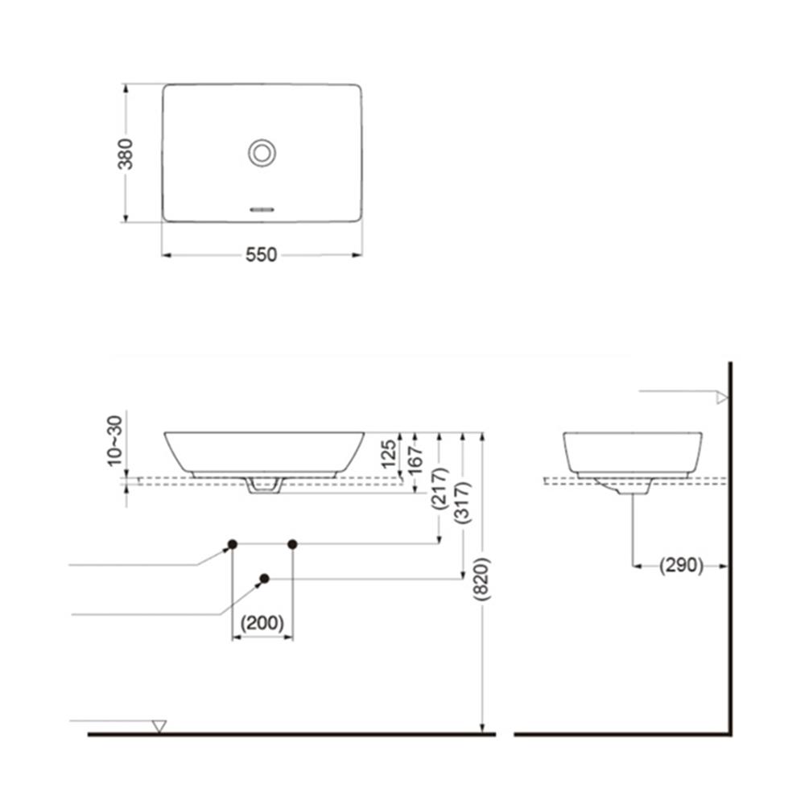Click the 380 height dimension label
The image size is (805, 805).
pyautogui.click(x=126, y=153)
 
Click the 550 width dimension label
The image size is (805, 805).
pyautogui.click(x=261, y=255)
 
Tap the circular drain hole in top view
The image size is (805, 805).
pyautogui.click(x=262, y=152)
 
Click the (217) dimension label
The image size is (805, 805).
pyautogui.click(x=439, y=487)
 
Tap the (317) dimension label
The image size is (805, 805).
pyautogui.click(x=463, y=503)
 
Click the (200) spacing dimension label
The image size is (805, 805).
pyautogui.click(x=262, y=623)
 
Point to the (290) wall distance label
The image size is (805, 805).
pyautogui.click(x=681, y=565)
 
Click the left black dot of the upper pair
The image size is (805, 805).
pyautogui.click(x=232, y=545)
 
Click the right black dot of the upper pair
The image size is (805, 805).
pyautogui.click(x=292, y=545)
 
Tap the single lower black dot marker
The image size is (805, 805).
pyautogui.click(x=265, y=578)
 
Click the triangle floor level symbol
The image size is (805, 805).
pyautogui.click(x=159, y=726)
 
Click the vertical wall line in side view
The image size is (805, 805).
pyautogui.click(x=729, y=547)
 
